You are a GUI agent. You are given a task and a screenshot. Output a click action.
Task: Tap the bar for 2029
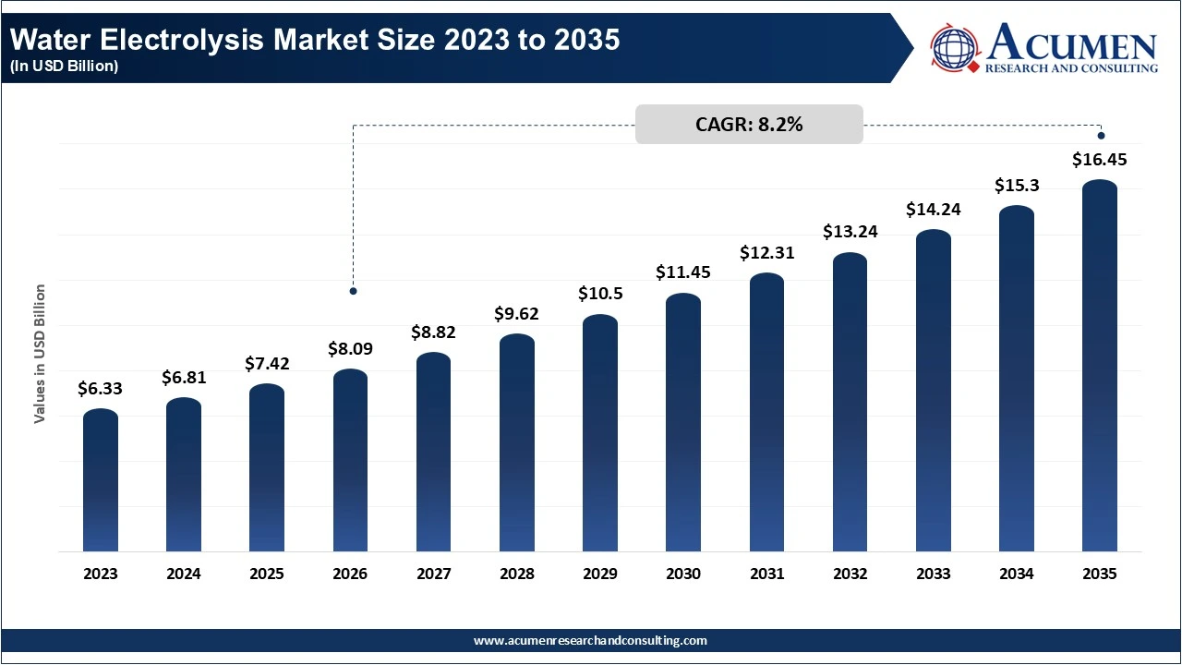pos(600,433)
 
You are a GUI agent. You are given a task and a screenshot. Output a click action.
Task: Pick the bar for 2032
pos(850,403)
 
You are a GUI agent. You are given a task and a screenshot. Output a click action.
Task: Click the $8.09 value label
pos(350,349)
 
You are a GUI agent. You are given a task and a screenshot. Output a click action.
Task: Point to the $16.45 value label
pos(1099,160)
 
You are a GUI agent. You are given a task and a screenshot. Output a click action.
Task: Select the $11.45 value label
pos(683,272)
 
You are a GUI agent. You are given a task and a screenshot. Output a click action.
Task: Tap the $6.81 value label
pos(184,377)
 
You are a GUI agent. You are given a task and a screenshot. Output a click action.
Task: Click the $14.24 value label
pos(933,209)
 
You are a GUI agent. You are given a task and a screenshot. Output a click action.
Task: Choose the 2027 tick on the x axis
pos(433,574)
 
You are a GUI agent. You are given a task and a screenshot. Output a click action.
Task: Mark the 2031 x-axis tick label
pos(766,574)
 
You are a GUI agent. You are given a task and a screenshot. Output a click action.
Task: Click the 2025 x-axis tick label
pos(267,574)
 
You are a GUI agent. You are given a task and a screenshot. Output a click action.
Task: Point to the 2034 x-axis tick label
pos(1016,574)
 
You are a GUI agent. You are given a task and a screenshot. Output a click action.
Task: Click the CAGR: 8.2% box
pos(749,125)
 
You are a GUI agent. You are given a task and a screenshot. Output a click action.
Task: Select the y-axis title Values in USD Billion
pos(40,354)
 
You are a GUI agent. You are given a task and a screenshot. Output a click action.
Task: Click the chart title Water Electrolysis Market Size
pos(315,41)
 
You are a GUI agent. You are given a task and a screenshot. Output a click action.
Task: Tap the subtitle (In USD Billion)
pos(64,66)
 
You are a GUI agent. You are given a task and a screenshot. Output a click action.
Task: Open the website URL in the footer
pos(590,640)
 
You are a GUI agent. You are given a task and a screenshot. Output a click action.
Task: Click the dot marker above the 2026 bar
pos(353,291)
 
